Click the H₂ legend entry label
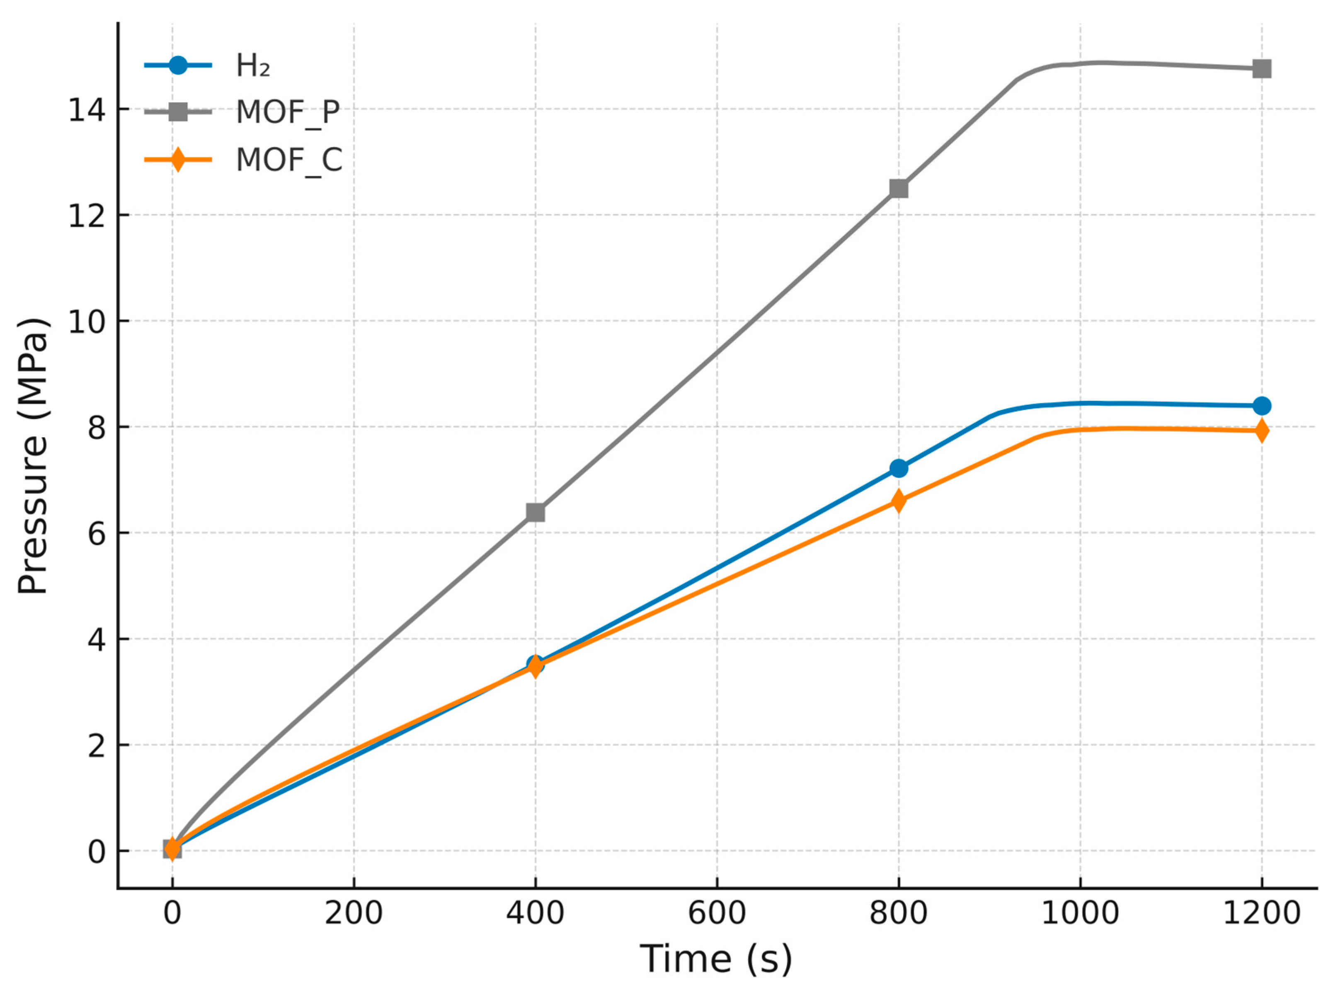pos(252,65)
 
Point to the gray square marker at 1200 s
pos(1262,69)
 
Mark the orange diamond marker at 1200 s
pos(1262,431)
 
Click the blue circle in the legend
pos(178,65)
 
